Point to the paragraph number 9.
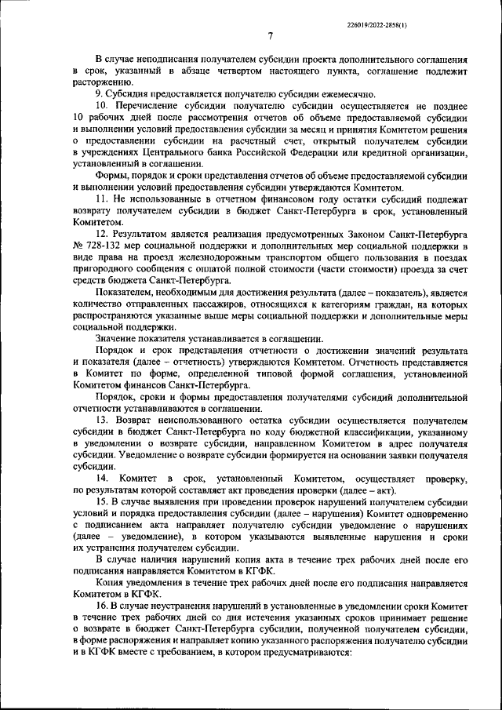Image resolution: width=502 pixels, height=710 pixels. [99, 94]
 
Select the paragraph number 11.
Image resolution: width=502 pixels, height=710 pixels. [101, 202]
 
